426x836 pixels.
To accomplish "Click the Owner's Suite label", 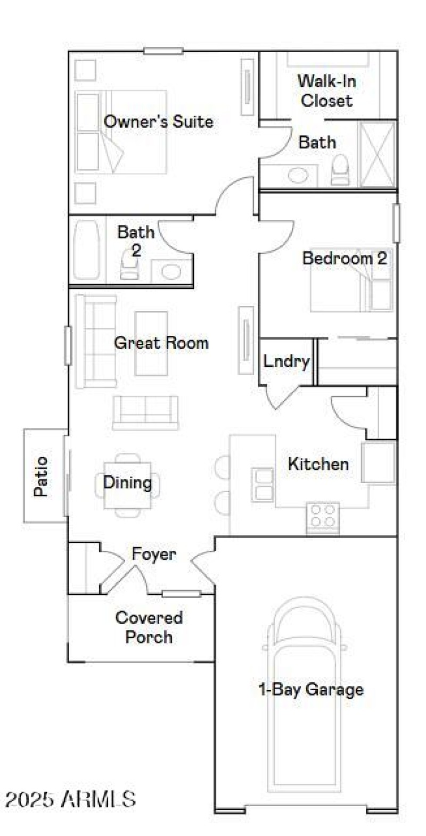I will [x=158, y=121].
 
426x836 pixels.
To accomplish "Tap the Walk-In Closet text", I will [x=326, y=91].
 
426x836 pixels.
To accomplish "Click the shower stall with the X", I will [x=377, y=154].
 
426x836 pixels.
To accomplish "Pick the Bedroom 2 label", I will [x=344, y=259].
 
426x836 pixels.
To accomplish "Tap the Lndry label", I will [x=286, y=362].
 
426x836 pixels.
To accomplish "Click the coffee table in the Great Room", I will [x=151, y=343].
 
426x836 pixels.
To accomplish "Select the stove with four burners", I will [x=323, y=517].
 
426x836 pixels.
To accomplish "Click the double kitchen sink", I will [x=263, y=484].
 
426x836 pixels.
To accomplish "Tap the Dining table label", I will [x=127, y=483].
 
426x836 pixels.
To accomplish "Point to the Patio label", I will [x=41, y=476].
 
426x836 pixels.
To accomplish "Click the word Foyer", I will [x=153, y=554].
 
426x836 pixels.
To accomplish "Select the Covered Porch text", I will [x=149, y=627].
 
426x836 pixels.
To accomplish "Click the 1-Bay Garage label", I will [x=310, y=690].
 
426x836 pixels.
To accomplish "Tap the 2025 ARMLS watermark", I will [x=70, y=799].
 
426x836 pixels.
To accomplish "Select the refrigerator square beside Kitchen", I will [x=379, y=462].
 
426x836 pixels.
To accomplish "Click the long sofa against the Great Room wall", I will [x=96, y=341].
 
